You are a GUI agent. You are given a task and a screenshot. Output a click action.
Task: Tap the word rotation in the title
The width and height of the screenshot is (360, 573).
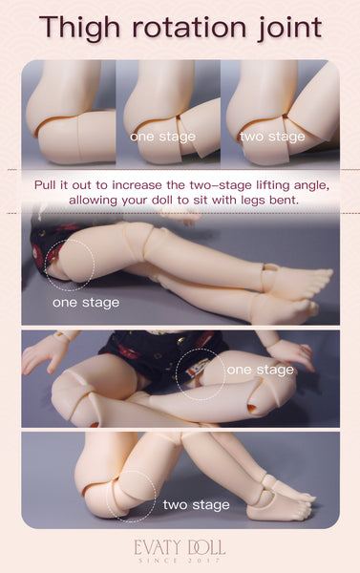pos(188,28)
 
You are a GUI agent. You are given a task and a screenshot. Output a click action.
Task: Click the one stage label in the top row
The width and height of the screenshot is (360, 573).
pos(163,137)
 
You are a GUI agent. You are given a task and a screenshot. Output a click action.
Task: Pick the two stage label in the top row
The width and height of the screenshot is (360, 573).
pos(272,137)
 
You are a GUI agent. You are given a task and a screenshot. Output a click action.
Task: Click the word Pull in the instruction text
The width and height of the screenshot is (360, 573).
pos(45,185)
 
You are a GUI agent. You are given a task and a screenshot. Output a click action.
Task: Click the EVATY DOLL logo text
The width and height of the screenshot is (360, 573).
pos(180,548)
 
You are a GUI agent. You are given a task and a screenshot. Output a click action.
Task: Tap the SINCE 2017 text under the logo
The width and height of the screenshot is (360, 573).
pos(180,561)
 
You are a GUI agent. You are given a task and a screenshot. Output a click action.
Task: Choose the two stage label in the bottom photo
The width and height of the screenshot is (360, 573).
pos(197,505)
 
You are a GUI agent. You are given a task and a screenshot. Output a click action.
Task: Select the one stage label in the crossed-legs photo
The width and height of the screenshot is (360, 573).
pos(261,370)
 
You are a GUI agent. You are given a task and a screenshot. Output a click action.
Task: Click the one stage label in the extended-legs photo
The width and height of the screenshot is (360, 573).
pos(86,303)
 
